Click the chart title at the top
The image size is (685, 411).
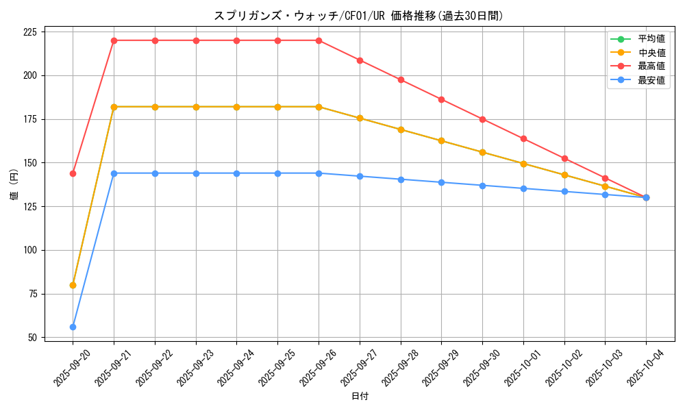point(359,16)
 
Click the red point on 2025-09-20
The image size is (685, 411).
point(73,173)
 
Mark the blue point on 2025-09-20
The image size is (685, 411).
point(73,327)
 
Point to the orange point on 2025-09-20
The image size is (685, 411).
point(73,285)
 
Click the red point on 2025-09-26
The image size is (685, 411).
point(319,40)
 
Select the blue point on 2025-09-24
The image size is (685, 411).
point(236,173)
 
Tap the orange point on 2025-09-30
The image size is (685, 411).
point(482,152)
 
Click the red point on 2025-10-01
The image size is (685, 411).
point(523,139)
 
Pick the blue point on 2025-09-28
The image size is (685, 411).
point(401,179)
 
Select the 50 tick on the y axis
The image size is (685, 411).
point(33,338)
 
